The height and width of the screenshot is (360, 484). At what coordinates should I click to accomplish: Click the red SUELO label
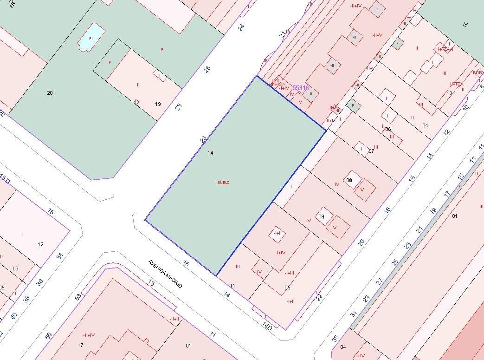click(223, 183)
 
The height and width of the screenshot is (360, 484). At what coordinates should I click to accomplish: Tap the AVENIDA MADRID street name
click(165, 274)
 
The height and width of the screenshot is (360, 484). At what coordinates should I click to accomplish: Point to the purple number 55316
click(300, 88)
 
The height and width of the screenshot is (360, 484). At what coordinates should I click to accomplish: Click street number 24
click(241, 27)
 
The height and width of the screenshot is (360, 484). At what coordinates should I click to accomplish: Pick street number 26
click(207, 69)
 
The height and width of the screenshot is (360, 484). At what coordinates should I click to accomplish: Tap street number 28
click(179, 106)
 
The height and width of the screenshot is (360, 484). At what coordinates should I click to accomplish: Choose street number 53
click(78, 296)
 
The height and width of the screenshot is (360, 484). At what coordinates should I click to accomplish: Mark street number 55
click(48, 336)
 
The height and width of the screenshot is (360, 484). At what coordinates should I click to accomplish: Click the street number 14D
click(267, 327)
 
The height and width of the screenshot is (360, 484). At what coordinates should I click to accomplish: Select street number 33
click(336, 338)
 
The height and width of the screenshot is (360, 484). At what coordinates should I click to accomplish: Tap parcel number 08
click(349, 180)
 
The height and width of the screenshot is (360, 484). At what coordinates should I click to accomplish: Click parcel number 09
click(321, 216)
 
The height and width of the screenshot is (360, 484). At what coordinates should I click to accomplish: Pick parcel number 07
click(371, 151)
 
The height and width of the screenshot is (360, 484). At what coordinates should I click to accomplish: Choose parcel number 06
click(388, 129)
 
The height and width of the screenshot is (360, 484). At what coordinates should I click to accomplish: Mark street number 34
click(59, 255)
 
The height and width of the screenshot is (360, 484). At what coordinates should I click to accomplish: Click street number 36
click(39, 282)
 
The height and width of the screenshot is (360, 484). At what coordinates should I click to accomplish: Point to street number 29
click(366, 298)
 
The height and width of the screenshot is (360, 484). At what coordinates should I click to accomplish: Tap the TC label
click(465, 24)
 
